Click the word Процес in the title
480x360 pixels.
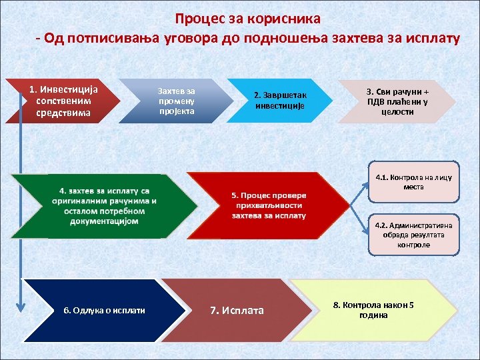[199, 19]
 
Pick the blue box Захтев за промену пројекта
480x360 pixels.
[177, 101]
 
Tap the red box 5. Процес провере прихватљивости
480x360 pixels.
[267, 205]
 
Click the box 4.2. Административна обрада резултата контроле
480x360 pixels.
[413, 235]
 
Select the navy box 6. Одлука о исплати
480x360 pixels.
[103, 310]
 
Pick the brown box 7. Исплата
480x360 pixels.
[237, 310]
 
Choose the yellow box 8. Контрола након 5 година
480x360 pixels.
[373, 310]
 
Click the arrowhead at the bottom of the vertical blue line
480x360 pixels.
[21, 307]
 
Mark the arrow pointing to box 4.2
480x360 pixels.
[351, 221]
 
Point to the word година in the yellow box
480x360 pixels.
[373, 315]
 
